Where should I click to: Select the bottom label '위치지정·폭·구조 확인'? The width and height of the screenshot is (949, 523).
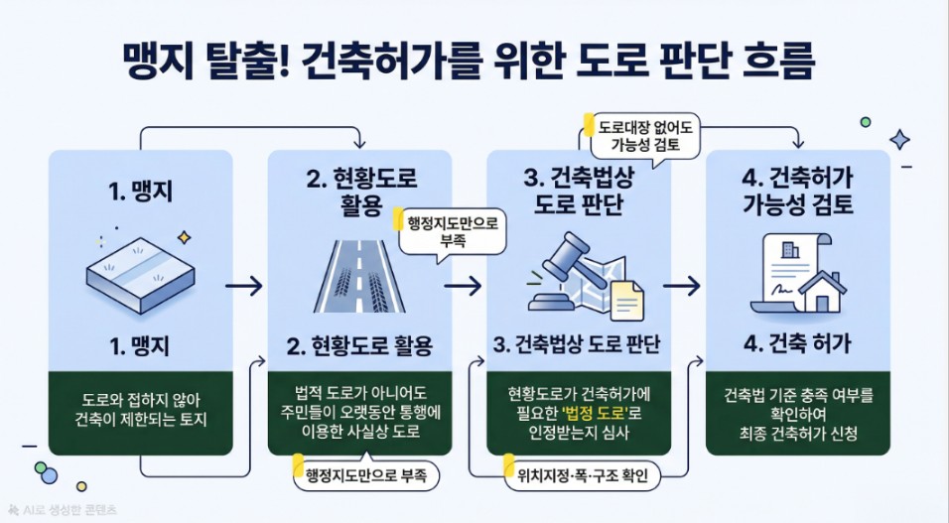tap(578, 475)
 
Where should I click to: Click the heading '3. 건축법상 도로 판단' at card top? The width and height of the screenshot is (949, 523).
tap(579, 193)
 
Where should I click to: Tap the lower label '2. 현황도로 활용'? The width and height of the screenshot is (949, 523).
tap(359, 345)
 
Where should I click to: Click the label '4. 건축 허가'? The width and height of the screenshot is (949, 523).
tap(797, 345)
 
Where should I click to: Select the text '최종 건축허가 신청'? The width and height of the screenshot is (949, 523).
tap(797, 433)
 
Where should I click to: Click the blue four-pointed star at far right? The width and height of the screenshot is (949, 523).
tap(899, 140)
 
